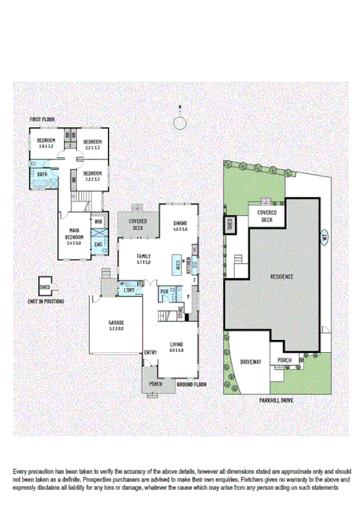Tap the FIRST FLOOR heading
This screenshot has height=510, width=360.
click(42, 119)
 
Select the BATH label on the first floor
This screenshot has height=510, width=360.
click(41, 173)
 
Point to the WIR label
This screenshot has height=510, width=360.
click(99, 222)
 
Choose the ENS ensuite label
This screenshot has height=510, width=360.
click(99, 244)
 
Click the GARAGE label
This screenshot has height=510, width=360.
click(116, 325)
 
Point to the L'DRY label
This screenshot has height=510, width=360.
click(129, 290)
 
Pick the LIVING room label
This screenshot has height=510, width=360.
click(177, 347)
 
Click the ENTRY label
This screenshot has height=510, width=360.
click(150, 352)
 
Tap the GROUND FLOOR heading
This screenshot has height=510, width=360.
click(191, 384)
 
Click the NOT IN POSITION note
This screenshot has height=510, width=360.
click(45, 301)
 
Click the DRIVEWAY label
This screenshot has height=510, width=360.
click(251, 362)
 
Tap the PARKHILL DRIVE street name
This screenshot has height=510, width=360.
click(279, 398)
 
